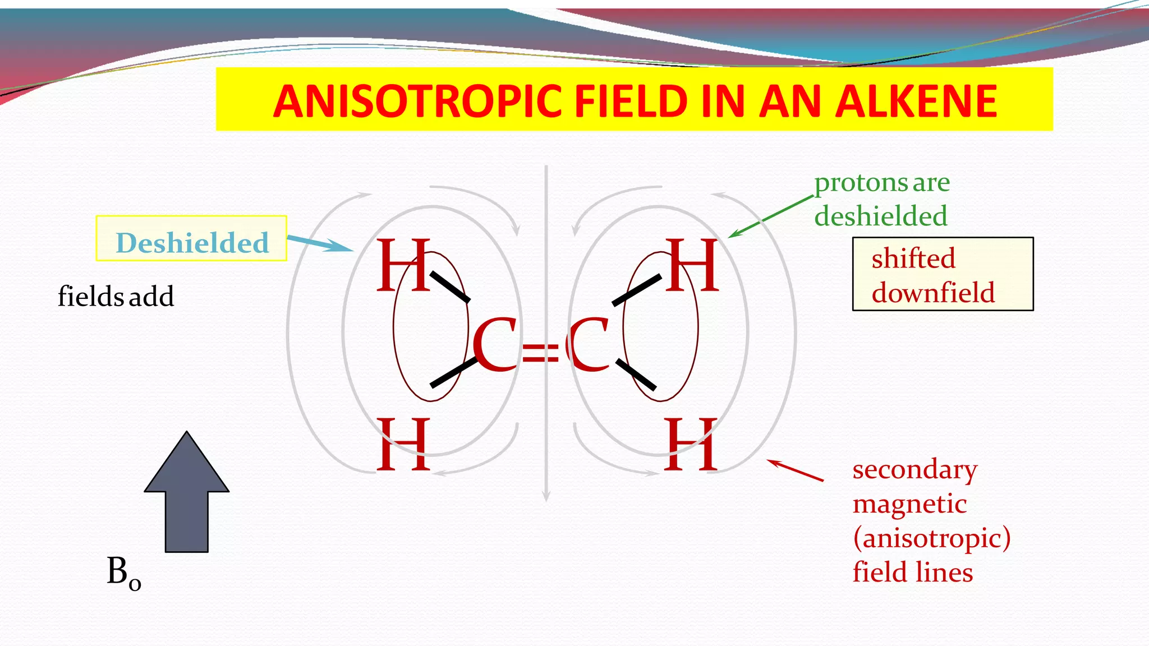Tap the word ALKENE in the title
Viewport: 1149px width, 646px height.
click(916, 101)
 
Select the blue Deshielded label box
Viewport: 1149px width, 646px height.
click(191, 238)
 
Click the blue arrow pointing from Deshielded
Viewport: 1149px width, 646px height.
click(320, 244)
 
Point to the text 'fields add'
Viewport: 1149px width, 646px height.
click(116, 296)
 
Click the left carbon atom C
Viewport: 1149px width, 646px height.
click(494, 344)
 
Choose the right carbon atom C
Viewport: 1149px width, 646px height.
click(588, 344)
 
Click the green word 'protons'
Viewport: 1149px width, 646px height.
click(861, 183)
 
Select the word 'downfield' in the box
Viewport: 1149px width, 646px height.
click(933, 292)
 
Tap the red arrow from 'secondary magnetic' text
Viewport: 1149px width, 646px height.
click(796, 470)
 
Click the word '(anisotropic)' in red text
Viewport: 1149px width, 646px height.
click(931, 538)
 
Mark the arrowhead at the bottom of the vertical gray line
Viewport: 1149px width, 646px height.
click(546, 496)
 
